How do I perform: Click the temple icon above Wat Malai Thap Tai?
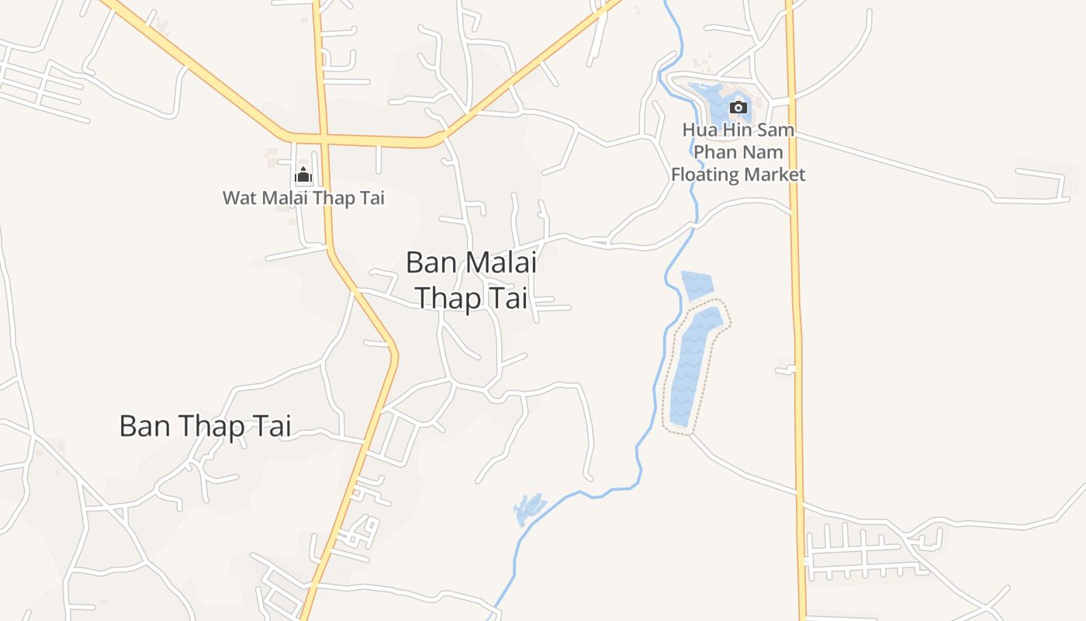pyautogui.click(x=303, y=175)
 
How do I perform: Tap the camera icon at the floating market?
pyautogui.click(x=738, y=107)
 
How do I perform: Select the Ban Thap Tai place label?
pyautogui.click(x=205, y=426)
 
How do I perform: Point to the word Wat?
pyautogui.click(x=240, y=198)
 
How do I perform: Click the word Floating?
pyautogui.click(x=704, y=174)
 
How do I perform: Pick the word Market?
pyautogui.click(x=774, y=174)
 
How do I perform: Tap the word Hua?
pyautogui.click(x=698, y=130)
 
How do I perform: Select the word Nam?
pyautogui.click(x=764, y=151)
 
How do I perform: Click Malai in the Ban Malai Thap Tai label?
pyautogui.click(x=500, y=262)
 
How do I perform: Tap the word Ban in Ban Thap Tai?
pyautogui.click(x=146, y=426)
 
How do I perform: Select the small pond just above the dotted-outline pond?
pyautogui.click(x=696, y=285)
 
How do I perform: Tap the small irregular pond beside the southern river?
pyautogui.click(x=529, y=508)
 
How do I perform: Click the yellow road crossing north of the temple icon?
pyautogui.click(x=322, y=140)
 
